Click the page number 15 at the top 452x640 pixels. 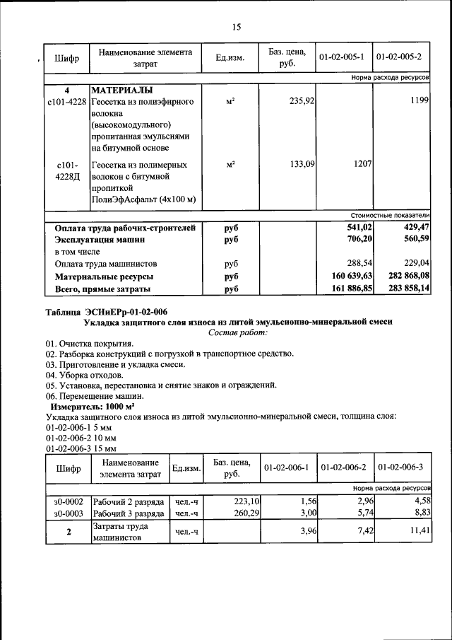236,27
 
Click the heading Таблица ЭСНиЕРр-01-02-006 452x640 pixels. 106,312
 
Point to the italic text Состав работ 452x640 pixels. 238,332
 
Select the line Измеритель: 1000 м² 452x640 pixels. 92,408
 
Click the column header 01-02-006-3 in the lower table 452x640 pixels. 400,468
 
